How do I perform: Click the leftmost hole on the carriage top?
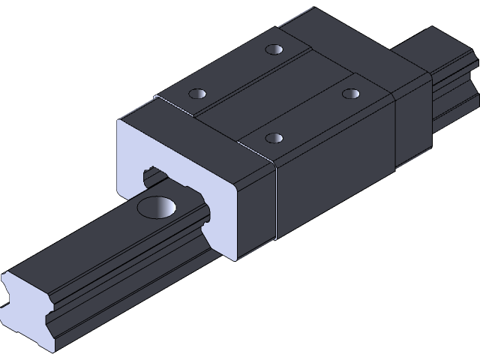[198, 94]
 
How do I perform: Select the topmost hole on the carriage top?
[274, 51]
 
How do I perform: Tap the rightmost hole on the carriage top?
[350, 94]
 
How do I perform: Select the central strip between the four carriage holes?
[274, 94]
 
